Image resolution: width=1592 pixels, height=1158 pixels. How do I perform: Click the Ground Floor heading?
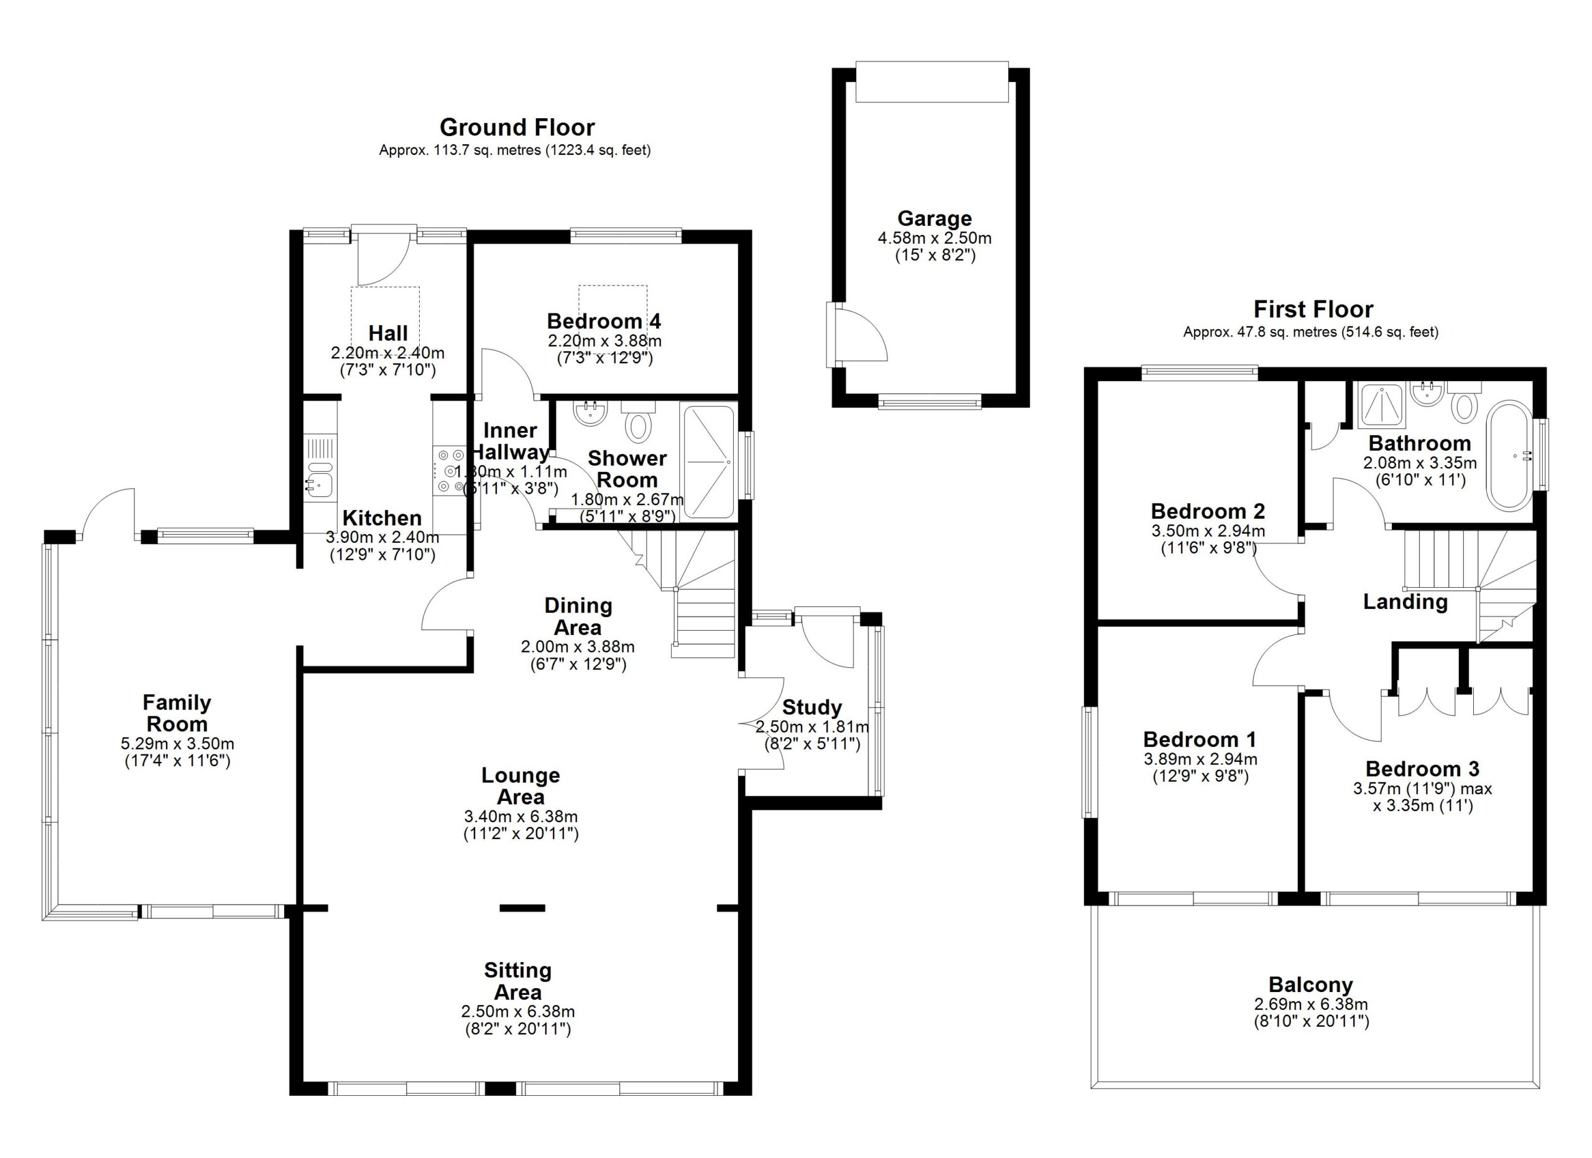pos(517,127)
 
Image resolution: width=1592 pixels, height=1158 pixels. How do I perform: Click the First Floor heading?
pos(1313,309)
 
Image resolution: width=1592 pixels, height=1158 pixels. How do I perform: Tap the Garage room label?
pos(934,218)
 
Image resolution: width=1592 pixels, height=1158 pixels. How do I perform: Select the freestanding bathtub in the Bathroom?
pos(1509,455)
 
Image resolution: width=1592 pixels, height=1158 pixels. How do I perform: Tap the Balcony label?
pos(1310,984)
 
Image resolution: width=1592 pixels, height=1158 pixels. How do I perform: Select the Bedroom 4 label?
pos(604,322)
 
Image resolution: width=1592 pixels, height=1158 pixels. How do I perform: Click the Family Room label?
pos(177,713)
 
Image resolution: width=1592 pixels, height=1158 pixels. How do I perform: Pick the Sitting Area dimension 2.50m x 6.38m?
pos(517,1011)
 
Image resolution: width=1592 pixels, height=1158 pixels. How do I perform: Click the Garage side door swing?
pos(860,335)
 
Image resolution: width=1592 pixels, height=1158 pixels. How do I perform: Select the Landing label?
pos(1405,601)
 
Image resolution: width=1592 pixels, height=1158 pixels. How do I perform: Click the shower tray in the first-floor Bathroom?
pos(1382,405)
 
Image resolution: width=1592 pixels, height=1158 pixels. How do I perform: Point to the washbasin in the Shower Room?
pos(589,413)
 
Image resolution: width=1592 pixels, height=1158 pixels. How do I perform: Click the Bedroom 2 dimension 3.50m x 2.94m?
pos(1208,531)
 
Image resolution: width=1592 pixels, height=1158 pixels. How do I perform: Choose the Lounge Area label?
pos(520,786)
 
